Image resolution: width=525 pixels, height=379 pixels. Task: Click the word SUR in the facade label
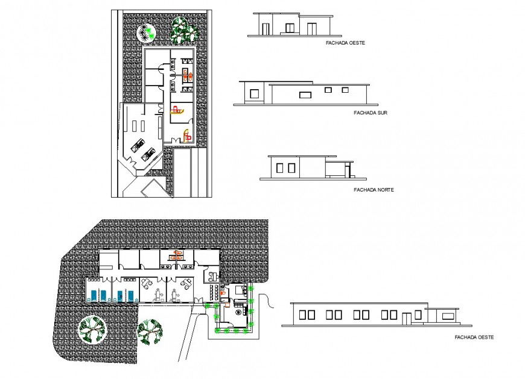[x=381, y=113]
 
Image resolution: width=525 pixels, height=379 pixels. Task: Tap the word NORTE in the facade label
[x=383, y=189]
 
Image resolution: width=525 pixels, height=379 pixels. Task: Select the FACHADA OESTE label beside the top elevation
[x=345, y=43]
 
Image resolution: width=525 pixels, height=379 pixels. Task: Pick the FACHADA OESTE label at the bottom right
[x=474, y=337]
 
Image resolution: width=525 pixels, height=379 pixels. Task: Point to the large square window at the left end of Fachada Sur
[x=255, y=93]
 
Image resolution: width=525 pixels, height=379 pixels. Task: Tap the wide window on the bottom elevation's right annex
[x=448, y=315]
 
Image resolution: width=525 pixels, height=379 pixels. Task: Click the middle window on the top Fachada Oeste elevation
[x=290, y=28]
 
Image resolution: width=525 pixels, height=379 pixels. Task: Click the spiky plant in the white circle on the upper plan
[x=147, y=31]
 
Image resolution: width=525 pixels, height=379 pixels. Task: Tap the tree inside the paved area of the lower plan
[x=92, y=329]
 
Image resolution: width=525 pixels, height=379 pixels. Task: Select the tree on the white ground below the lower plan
[x=150, y=330]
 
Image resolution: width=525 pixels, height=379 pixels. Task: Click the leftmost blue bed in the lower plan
[x=92, y=295]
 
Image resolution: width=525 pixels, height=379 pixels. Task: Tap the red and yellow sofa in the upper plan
[x=177, y=110]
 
